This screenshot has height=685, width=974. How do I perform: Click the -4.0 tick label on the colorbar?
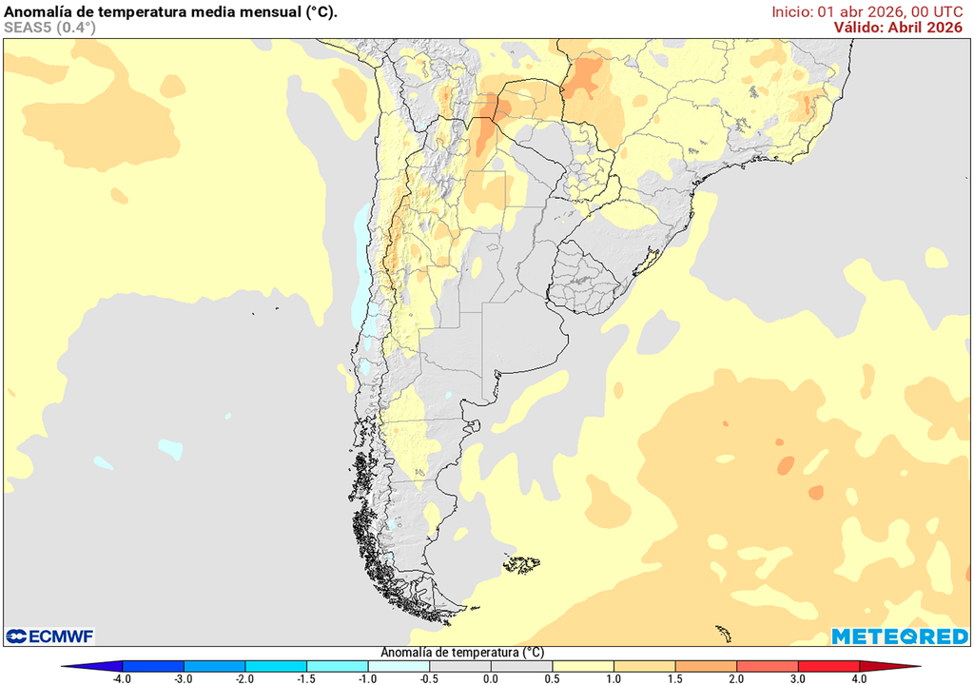point(122,678)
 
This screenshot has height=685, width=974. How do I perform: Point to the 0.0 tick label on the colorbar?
point(490,678)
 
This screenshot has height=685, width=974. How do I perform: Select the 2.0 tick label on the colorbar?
point(736,678)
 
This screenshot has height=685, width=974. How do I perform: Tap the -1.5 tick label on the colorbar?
point(306,678)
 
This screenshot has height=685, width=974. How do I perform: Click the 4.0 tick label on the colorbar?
point(859,678)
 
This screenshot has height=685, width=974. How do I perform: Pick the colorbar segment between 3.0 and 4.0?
point(828,666)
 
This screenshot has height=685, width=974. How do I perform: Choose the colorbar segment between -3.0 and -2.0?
point(214,666)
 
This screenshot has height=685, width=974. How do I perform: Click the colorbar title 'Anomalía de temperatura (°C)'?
point(462,653)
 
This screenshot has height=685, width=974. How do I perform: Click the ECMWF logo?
point(49,636)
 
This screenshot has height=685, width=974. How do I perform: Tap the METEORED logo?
point(899,636)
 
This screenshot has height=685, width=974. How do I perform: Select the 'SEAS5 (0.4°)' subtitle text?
point(50,28)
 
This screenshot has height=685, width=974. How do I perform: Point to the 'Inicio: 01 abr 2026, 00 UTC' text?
point(867,11)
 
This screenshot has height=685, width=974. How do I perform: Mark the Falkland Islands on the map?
point(521,564)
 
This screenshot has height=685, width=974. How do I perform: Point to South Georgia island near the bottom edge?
point(725,632)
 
